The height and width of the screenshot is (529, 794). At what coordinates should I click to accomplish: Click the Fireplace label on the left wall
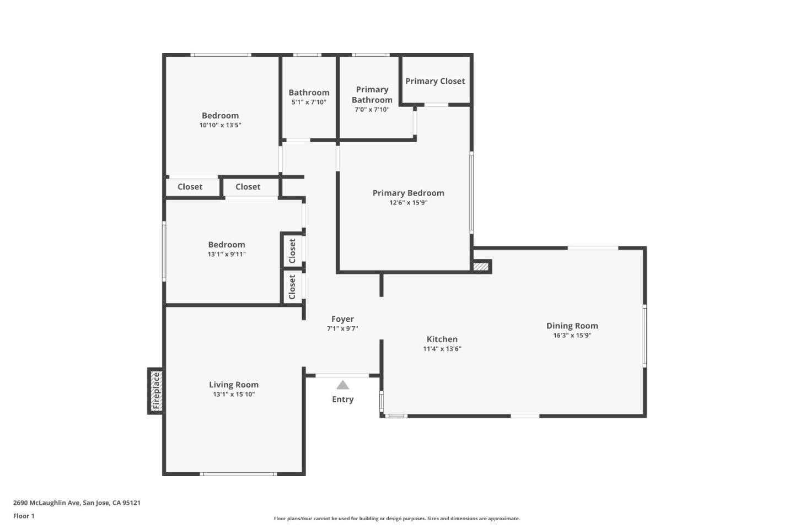coord(156,391)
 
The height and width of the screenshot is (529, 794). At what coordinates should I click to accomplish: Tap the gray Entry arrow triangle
coord(342,385)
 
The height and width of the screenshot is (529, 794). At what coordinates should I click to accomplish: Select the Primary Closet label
coord(435,81)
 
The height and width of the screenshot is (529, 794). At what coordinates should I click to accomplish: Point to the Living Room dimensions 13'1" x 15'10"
coord(234,395)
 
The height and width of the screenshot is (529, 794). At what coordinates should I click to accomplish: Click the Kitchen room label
coord(442,339)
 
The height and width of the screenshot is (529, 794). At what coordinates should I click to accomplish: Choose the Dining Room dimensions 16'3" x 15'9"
coord(572,336)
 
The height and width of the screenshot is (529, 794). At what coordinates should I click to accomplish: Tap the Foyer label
coord(342,319)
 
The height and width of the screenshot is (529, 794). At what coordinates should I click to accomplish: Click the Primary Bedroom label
coord(408,193)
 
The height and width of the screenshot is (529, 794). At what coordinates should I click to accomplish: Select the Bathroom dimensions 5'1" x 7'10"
coord(309,102)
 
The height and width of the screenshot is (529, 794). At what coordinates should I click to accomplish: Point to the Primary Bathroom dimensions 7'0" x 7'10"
coord(372,110)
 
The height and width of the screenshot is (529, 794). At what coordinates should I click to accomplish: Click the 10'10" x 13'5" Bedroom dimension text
coord(220,126)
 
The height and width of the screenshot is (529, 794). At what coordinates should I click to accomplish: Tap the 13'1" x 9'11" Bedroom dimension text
coord(227,255)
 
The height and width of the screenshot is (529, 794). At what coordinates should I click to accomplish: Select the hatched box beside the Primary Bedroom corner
coord(481,267)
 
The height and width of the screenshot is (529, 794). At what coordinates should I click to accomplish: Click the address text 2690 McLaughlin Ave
coord(77,503)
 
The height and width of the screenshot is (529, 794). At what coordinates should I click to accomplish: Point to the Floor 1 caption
coord(24,516)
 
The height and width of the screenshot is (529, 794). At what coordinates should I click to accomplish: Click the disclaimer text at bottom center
coord(396,519)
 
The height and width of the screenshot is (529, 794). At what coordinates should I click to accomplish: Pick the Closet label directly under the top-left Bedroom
coord(190,187)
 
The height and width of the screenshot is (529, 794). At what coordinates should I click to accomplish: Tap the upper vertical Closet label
coord(292,251)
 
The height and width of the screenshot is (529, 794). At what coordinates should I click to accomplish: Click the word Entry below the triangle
coord(342,400)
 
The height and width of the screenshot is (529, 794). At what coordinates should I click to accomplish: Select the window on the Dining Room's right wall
coord(644,336)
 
